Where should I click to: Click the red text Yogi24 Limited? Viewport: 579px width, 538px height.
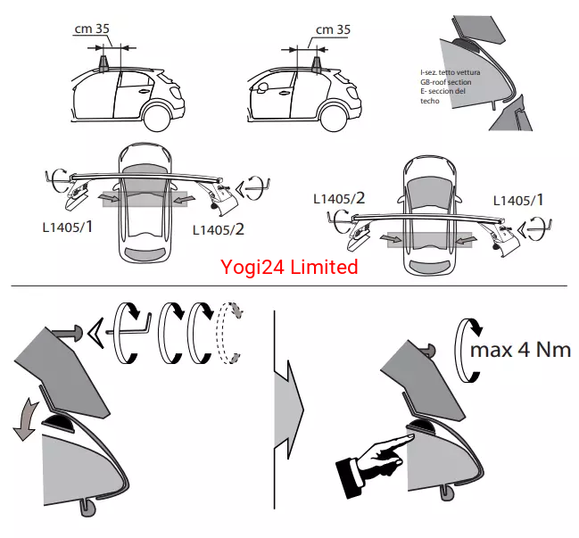tap(289, 267)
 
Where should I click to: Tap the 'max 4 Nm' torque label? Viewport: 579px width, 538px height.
tap(521, 350)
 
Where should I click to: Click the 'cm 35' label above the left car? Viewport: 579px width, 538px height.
tap(92, 29)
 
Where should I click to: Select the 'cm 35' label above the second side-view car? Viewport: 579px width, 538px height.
tap(333, 30)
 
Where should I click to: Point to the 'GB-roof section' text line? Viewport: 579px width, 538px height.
tap(446, 82)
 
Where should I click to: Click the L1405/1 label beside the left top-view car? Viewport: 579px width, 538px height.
tap(67, 227)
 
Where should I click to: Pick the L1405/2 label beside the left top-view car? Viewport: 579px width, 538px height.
tap(219, 229)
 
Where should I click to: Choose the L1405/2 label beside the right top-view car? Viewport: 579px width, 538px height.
tap(339, 199)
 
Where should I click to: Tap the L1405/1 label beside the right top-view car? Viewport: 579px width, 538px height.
tap(518, 201)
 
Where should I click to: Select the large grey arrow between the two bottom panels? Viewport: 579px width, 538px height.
tap(289, 410)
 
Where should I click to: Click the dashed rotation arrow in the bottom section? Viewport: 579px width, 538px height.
tap(230, 333)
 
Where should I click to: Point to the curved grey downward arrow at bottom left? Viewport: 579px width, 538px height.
tap(25, 419)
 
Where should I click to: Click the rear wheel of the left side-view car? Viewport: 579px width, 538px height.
tap(158, 118)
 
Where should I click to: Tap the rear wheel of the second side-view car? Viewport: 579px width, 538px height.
tap(335, 118)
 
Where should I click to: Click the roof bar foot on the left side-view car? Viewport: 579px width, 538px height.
tap(103, 64)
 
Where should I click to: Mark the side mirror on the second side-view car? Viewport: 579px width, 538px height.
tap(263, 87)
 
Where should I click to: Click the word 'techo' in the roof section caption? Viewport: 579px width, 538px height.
tap(430, 101)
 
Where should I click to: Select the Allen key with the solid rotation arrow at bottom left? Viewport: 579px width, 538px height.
tap(128, 332)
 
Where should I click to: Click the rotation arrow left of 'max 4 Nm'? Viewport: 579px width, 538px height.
tap(468, 350)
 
